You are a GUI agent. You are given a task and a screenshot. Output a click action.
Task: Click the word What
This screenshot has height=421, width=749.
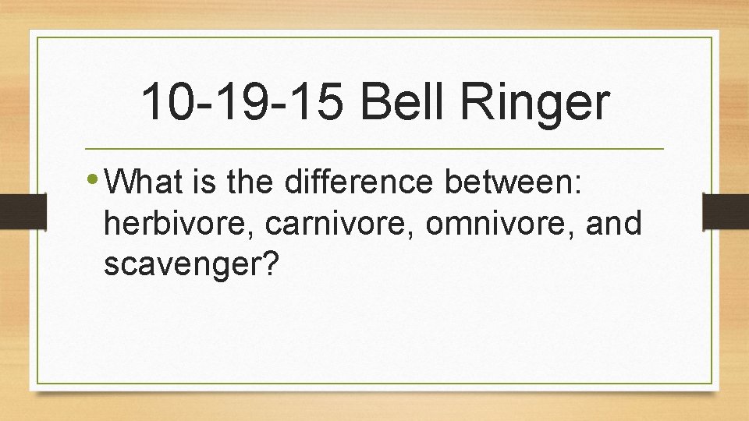pos(144,183)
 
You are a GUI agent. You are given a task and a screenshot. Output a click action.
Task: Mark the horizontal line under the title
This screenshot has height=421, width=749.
pos(374,148)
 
